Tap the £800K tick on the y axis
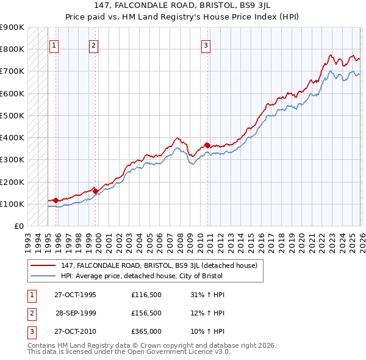click(x=12, y=49)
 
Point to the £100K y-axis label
click(x=12, y=204)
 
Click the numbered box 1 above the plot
click(x=54, y=45)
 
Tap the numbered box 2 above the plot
click(x=93, y=45)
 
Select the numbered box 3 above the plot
click(x=206, y=45)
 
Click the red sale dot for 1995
click(x=56, y=200)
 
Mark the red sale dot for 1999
click(x=95, y=191)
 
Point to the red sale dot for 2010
click(x=207, y=145)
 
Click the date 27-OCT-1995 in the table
click(x=75, y=295)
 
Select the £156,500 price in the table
click(x=146, y=314)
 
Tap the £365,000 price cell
click(x=146, y=333)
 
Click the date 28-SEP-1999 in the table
click(x=75, y=314)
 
